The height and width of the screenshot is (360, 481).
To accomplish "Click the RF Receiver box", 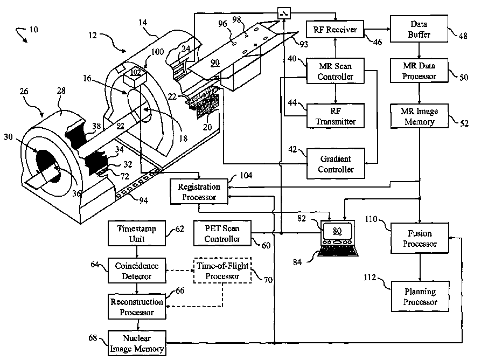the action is [335, 30].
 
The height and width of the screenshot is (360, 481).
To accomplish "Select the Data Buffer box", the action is [419, 29].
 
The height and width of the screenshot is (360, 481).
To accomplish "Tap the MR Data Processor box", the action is [419, 71].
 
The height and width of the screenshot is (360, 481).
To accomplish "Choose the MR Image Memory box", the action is [420, 116].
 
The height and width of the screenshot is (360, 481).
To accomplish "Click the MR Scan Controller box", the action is [335, 71].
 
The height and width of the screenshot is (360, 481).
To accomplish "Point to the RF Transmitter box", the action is [336, 116].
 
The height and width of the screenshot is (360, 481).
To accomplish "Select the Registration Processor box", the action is [199, 192].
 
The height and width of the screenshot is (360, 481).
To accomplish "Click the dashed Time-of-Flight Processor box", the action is [222, 271].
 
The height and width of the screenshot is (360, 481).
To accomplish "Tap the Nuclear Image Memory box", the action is [137, 343].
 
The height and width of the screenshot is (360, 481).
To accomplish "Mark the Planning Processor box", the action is [420, 296].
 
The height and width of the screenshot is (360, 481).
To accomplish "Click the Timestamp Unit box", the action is [137, 233].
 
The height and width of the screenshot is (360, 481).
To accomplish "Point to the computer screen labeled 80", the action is [337, 231].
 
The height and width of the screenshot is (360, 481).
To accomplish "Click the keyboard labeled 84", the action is [338, 251].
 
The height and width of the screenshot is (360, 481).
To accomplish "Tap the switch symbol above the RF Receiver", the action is [284, 13].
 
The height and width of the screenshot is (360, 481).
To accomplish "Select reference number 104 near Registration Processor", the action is [246, 175].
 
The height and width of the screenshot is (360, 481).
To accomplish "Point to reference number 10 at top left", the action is [33, 30].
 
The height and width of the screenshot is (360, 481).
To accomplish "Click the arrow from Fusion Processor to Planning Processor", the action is [420, 267].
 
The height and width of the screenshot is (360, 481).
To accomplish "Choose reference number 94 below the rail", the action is [144, 200].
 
